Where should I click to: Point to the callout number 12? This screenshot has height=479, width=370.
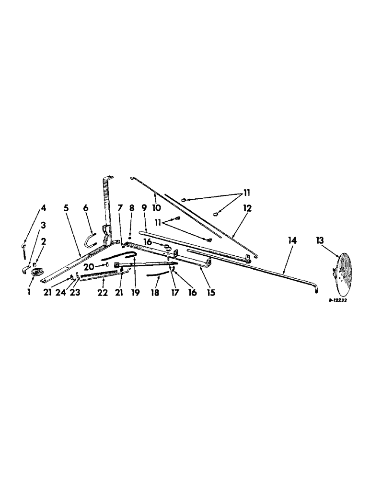pos(246,208)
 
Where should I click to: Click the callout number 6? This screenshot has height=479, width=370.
pos(86,208)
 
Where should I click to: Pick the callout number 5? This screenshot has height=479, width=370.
pos(66,208)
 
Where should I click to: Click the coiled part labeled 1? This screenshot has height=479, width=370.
pos(36,273)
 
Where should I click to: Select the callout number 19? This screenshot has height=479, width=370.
pos(136,291)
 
